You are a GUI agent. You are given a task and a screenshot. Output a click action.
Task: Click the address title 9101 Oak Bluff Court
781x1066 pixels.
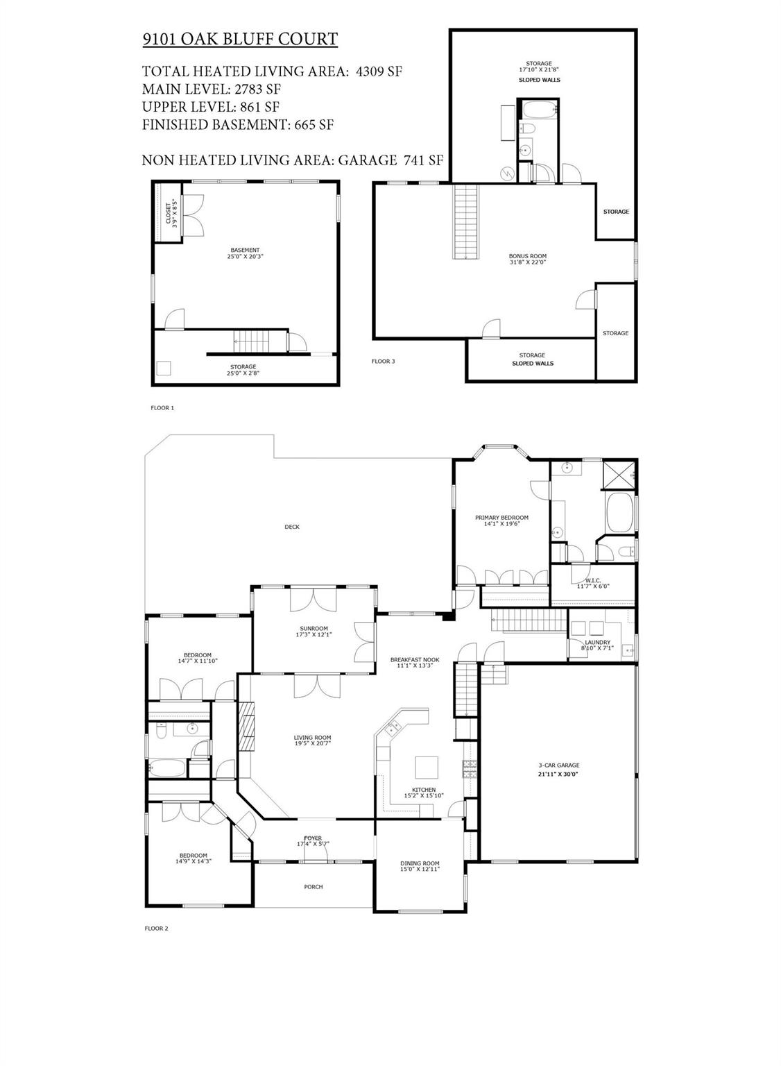[x=240, y=39]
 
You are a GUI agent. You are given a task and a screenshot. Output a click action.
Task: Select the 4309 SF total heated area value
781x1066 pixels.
[x=379, y=71]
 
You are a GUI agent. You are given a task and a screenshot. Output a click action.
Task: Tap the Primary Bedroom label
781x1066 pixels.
[x=501, y=517]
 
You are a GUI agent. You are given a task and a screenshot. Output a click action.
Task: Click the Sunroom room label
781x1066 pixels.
[x=314, y=628]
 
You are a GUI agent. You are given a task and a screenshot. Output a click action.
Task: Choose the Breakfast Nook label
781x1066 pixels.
[x=415, y=659]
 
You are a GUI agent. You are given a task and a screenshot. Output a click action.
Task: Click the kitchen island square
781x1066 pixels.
[x=427, y=767]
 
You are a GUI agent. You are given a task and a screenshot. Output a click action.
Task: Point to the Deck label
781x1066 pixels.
[x=292, y=527]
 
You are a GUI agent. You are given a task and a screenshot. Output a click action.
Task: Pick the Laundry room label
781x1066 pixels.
[x=597, y=642]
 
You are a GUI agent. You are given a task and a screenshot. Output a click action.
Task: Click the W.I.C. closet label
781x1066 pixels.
[x=593, y=580]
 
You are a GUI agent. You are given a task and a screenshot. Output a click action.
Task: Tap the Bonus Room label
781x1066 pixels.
[x=527, y=256]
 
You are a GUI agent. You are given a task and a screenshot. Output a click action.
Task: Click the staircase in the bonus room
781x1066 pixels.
[x=465, y=221]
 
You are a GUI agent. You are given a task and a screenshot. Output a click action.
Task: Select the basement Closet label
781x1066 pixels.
[x=168, y=214]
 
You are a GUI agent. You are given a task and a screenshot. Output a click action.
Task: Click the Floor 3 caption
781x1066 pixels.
[x=384, y=361]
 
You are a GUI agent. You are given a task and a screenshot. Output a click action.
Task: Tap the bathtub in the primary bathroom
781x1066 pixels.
[x=620, y=512]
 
